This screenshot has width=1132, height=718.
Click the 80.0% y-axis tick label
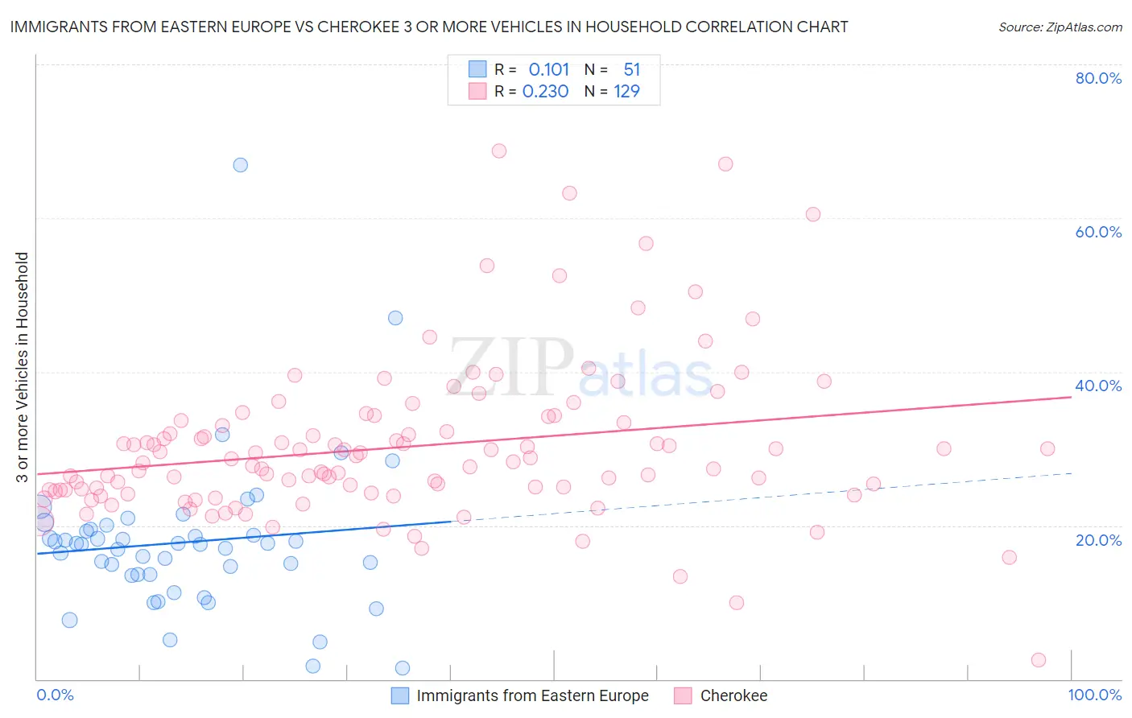tap(1098, 78)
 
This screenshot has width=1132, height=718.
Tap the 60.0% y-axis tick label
tap(1098, 232)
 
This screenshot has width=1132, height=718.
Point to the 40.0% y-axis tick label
tap(1098, 386)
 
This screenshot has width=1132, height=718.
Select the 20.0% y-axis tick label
tap(1098, 540)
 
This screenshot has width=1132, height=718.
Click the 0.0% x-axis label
tap(55, 695)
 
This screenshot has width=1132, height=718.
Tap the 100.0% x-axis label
tap(1094, 695)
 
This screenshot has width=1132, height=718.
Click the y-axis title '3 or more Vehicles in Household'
tap(22, 367)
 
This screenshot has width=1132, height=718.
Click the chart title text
tap(429, 27)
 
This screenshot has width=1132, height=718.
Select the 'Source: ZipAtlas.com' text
tap(1060, 27)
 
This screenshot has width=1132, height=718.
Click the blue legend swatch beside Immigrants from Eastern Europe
tap(400, 695)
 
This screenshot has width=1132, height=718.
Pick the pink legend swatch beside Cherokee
tap(683, 695)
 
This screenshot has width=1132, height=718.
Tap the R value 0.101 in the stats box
tap(548, 70)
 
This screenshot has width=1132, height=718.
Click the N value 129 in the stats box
tap(626, 92)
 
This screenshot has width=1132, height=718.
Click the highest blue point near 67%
tap(240, 165)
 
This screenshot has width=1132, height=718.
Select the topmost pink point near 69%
tap(499, 151)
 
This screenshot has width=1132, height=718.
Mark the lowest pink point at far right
tap(1039, 660)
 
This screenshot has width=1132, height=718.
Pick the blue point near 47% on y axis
tap(395, 318)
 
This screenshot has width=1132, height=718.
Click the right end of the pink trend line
tap(1071, 397)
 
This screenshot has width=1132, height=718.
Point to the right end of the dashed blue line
tap(1071, 473)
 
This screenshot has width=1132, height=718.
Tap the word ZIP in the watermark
tap(511, 367)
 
